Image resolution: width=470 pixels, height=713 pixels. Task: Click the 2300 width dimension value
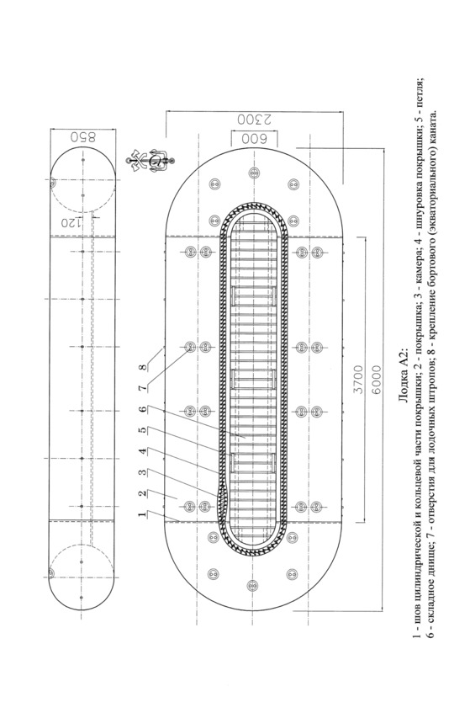[254, 120]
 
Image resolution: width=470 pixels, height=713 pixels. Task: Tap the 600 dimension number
[254, 138]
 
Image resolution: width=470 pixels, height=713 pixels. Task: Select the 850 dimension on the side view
[82, 137]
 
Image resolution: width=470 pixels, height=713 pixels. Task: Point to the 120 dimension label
[68, 223]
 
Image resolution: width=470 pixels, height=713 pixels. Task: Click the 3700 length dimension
[358, 380]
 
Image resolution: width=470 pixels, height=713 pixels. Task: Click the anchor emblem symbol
[151, 161]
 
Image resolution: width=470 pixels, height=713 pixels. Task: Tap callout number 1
[143, 514]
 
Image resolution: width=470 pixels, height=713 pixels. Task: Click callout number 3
[143, 472]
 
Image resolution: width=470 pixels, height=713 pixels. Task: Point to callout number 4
[143, 451]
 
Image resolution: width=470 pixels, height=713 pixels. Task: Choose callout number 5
[143, 430]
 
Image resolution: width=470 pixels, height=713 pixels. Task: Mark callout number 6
[143, 409]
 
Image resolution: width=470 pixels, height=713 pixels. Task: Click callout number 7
[143, 388]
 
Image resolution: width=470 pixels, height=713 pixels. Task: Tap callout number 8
[143, 367]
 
